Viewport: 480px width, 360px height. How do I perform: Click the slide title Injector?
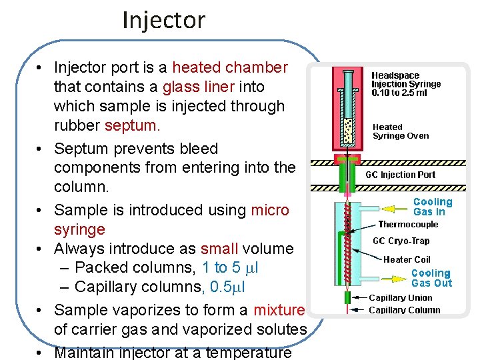163,20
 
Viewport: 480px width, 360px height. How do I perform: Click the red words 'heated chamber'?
229,67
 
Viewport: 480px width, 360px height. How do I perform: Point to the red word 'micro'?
270,210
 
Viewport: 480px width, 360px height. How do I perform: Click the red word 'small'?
219,249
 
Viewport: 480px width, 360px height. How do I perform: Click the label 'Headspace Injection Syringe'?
405,84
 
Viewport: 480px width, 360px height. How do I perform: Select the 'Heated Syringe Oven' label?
400,131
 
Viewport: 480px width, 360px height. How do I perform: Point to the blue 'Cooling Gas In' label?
432,207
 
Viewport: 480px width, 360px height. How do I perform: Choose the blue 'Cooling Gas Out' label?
431,278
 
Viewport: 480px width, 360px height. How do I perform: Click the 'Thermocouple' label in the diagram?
408,225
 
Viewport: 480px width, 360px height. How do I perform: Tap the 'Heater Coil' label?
407,259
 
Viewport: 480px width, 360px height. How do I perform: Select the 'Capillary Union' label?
400,298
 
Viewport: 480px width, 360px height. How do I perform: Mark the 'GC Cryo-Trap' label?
401,241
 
